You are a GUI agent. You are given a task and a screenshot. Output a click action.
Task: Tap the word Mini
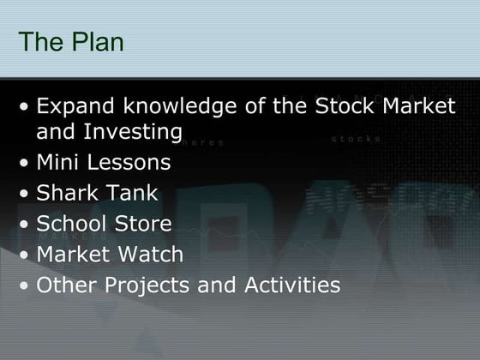60,162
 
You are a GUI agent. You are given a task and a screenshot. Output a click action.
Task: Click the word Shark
68,193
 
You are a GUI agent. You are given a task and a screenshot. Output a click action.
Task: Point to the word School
73,224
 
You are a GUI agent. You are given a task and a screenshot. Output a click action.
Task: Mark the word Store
145,224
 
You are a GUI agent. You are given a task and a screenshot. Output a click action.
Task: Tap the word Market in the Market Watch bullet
73,255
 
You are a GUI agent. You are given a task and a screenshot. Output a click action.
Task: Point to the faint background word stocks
356,138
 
